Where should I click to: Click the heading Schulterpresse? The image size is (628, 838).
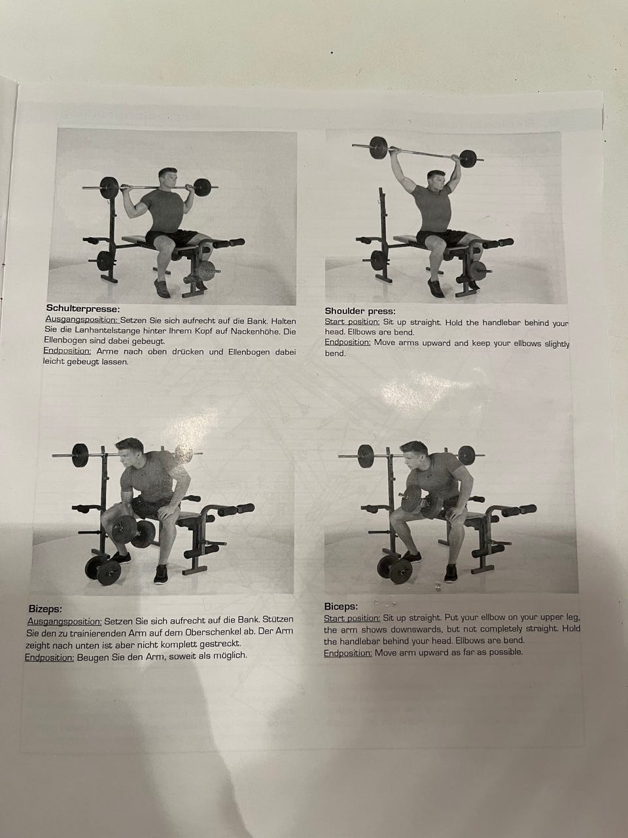click(82, 308)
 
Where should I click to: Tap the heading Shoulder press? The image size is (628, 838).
click(360, 311)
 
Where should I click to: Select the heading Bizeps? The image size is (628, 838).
click(45, 608)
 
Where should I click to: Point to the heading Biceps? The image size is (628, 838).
click(341, 606)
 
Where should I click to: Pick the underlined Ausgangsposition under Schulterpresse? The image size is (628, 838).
click(81, 319)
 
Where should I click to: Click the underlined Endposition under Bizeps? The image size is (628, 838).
click(50, 657)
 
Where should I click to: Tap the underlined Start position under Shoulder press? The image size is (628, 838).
click(352, 322)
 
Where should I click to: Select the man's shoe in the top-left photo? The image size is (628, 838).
click(163, 289)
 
